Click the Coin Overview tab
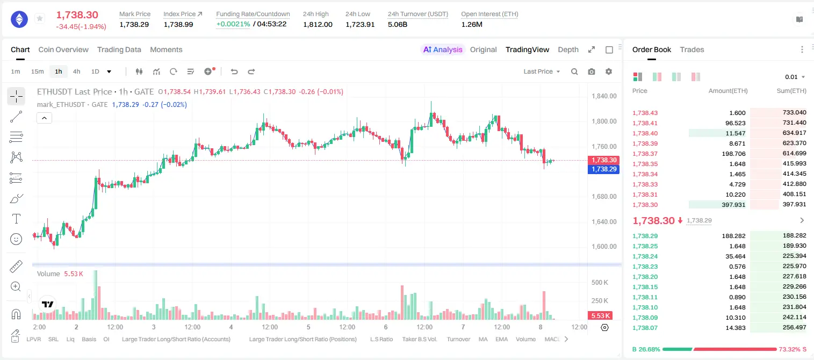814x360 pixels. pos(63,50)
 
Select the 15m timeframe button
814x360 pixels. pos(38,71)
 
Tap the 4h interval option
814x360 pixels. pos(76,71)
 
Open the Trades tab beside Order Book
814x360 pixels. pos(692,50)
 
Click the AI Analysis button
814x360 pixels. pos(443,50)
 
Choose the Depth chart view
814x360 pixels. pos(568,50)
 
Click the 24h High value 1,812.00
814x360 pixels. pos(318,24)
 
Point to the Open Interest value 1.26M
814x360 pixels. pos(472,24)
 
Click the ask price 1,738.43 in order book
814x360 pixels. pos(645,113)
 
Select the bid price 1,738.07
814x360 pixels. pos(645,328)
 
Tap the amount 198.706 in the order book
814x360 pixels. pos(733,154)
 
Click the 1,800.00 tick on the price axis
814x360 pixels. pos(604,121)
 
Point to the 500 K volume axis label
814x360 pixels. pos(600,283)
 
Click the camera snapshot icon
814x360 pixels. pos(592,71)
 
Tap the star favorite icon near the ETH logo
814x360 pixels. pos(40,18)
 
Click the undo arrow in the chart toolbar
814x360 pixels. pos(234,71)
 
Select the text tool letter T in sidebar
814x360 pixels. pos(16,219)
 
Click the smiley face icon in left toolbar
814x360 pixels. pos(16,239)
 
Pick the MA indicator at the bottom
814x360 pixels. pos(483,339)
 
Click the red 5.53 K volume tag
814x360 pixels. pos(600,316)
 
